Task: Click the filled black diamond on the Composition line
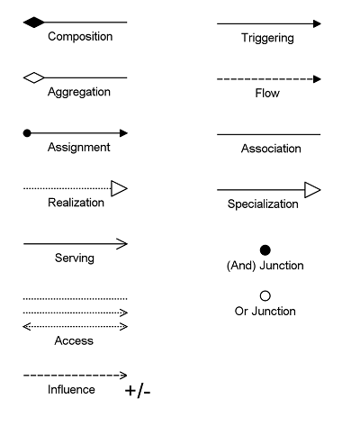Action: coord(34,23)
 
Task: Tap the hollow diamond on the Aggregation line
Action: coord(34,77)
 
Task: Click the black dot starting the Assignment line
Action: coord(27,133)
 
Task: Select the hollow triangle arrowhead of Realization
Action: coord(120,188)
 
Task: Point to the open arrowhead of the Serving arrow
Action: coord(121,244)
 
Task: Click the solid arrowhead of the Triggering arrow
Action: coord(317,23)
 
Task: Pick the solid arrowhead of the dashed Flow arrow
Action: coord(317,79)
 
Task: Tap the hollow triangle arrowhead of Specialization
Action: coord(312,190)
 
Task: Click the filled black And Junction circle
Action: coord(265,250)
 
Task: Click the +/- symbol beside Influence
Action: coord(138,391)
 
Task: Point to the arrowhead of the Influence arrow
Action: coord(123,376)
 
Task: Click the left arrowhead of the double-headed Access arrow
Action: coord(27,327)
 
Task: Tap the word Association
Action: coord(271,149)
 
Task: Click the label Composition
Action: coord(80,36)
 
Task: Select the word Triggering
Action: coord(267,38)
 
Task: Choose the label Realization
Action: coord(76,203)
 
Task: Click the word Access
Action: coord(74,340)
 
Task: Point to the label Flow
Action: coord(267,93)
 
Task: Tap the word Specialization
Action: coord(263,204)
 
